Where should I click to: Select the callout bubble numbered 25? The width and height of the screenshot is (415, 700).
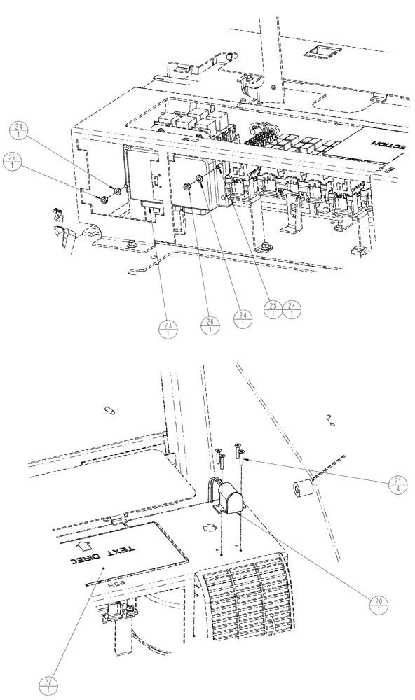coord(272,309)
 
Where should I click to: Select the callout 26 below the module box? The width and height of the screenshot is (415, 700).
coord(211,324)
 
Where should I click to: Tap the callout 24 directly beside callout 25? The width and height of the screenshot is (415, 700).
coord(292,309)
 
